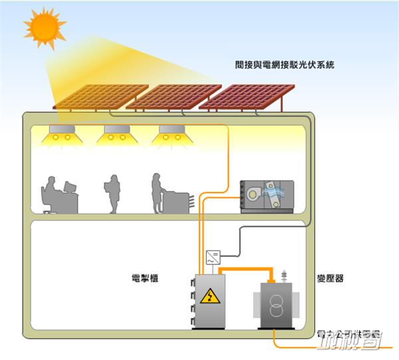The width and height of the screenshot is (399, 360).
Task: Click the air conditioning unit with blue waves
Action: (x=265, y=197)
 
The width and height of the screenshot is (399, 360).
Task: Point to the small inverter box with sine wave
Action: (x=215, y=256)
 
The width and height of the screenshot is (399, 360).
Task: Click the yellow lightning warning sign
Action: (x=209, y=296)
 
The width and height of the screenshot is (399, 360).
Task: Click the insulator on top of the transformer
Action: (x=284, y=276)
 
